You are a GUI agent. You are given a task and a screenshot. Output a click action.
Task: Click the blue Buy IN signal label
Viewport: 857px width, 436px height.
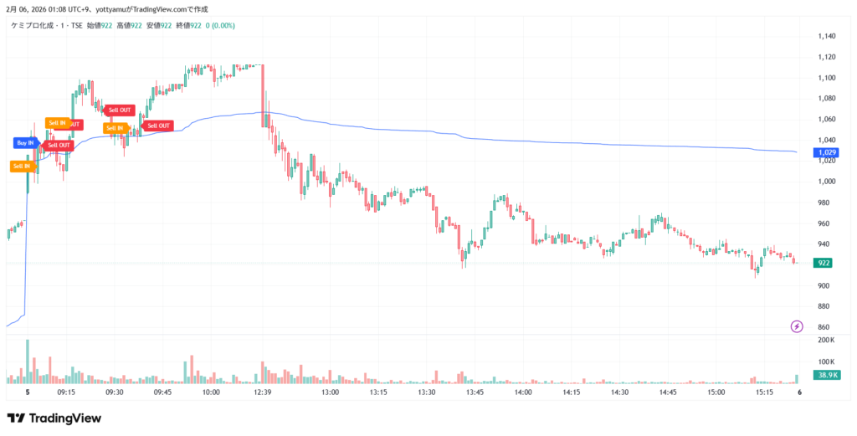click(x=25, y=143)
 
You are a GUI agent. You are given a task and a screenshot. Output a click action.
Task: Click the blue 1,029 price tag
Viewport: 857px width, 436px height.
click(x=826, y=153)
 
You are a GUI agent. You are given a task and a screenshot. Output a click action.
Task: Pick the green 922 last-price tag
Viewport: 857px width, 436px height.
click(x=824, y=263)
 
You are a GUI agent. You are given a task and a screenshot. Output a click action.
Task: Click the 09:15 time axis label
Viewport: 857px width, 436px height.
click(x=66, y=392)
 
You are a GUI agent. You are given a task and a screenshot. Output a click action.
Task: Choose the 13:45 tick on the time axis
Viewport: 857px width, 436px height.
click(x=476, y=392)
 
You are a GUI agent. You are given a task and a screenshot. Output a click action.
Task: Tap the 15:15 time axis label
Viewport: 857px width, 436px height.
click(x=765, y=392)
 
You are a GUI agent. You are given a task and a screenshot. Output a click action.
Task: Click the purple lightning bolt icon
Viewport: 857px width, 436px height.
click(x=796, y=326)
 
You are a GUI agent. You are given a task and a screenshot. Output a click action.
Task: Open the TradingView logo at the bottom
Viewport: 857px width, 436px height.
click(x=54, y=418)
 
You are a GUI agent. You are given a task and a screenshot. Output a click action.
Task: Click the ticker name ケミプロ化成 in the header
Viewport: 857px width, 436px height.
click(x=31, y=25)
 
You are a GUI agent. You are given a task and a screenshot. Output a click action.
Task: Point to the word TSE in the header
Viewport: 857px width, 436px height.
click(x=74, y=25)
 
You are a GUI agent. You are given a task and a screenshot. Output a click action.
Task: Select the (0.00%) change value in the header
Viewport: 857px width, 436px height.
click(x=223, y=25)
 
